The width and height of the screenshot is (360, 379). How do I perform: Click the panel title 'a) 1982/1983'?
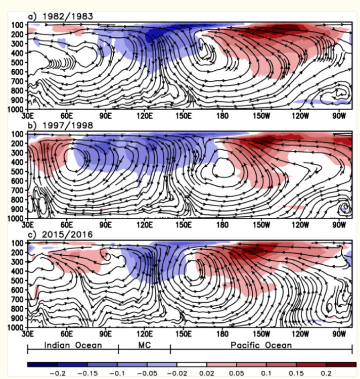coord(61,16)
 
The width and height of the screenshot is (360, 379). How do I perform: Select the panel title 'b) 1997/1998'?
coord(61,125)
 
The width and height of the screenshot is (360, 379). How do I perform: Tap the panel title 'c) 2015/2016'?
coord(61,234)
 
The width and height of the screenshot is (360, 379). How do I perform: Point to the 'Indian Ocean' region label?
coord(73,345)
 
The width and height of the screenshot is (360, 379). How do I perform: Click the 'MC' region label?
coord(144,345)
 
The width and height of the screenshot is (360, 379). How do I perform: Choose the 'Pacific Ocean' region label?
coord(261,345)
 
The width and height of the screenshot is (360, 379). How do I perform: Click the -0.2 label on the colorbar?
coord(58,373)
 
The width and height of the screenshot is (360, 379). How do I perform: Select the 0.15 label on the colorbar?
coord(296,373)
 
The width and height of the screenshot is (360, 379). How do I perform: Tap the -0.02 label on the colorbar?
coord(177,373)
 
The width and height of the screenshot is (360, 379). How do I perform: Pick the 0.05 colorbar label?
coord(237,373)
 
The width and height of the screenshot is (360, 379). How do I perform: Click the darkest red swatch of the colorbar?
coord(341,364)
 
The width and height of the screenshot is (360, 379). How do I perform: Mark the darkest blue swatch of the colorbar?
coord(42,364)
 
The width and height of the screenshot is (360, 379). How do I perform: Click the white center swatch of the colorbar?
coord(192,364)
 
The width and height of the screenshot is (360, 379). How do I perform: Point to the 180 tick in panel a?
coord(222,116)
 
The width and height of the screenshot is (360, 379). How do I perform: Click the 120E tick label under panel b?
coord(144,225)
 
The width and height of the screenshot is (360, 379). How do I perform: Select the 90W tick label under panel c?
coord(339,334)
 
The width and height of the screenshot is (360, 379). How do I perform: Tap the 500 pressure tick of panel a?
coord(17,62)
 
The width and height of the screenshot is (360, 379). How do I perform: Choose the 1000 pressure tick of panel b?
coord(15,218)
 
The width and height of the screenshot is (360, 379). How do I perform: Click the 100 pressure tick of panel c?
coord(17,243)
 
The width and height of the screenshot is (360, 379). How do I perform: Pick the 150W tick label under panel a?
coord(261,116)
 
